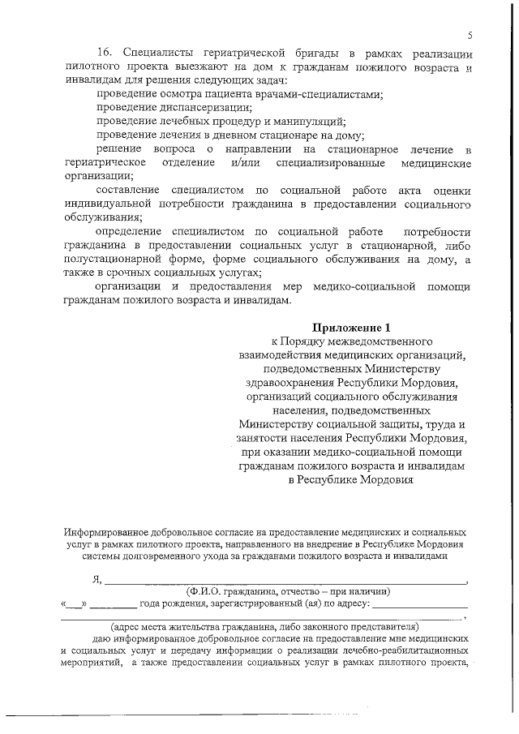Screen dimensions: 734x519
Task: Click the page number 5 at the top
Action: (470, 36)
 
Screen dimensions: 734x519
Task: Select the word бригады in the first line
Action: (290, 51)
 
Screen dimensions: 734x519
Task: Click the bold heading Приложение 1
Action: (351, 327)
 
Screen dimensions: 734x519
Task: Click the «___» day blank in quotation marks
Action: (73, 604)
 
